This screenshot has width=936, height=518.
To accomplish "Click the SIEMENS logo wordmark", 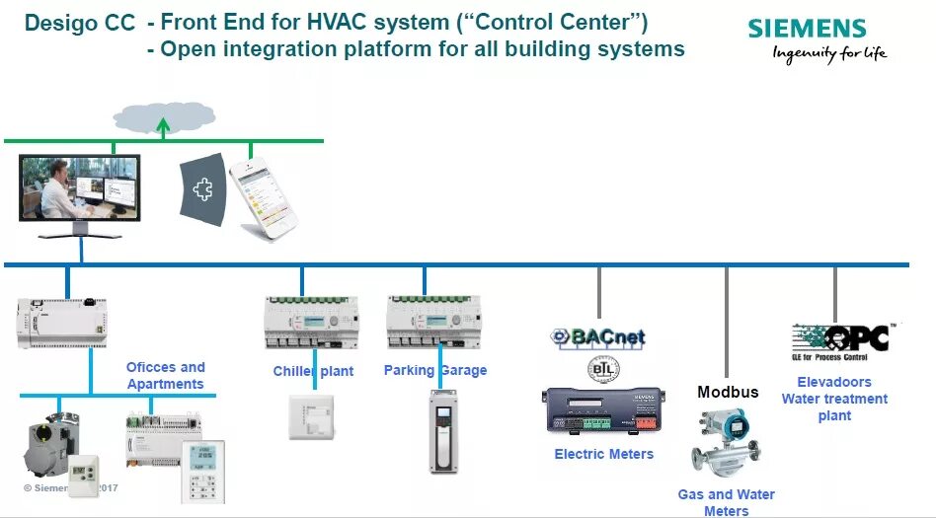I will point(807,29).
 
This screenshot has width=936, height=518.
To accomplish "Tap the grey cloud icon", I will point(165,116).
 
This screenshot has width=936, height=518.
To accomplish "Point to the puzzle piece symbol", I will point(203,189).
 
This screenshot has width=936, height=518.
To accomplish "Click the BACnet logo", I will point(597,336).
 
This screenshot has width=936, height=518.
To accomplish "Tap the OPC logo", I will point(845,338).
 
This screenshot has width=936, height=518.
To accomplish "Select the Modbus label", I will point(728,392).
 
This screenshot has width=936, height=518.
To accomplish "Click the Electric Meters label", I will point(603,454).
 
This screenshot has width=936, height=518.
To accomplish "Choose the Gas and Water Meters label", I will point(726,502).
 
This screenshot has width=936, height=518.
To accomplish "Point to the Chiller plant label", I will point(313,371).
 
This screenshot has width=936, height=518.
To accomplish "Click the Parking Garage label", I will point(435,370).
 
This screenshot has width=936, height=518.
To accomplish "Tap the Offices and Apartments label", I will point(165,376).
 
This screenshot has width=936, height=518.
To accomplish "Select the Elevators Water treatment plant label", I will point(834,399).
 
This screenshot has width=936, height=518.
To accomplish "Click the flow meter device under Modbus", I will point(727,443).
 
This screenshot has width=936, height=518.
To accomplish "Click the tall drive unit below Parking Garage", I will point(444,431).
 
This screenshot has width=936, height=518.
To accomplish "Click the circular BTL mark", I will point(599,370).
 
